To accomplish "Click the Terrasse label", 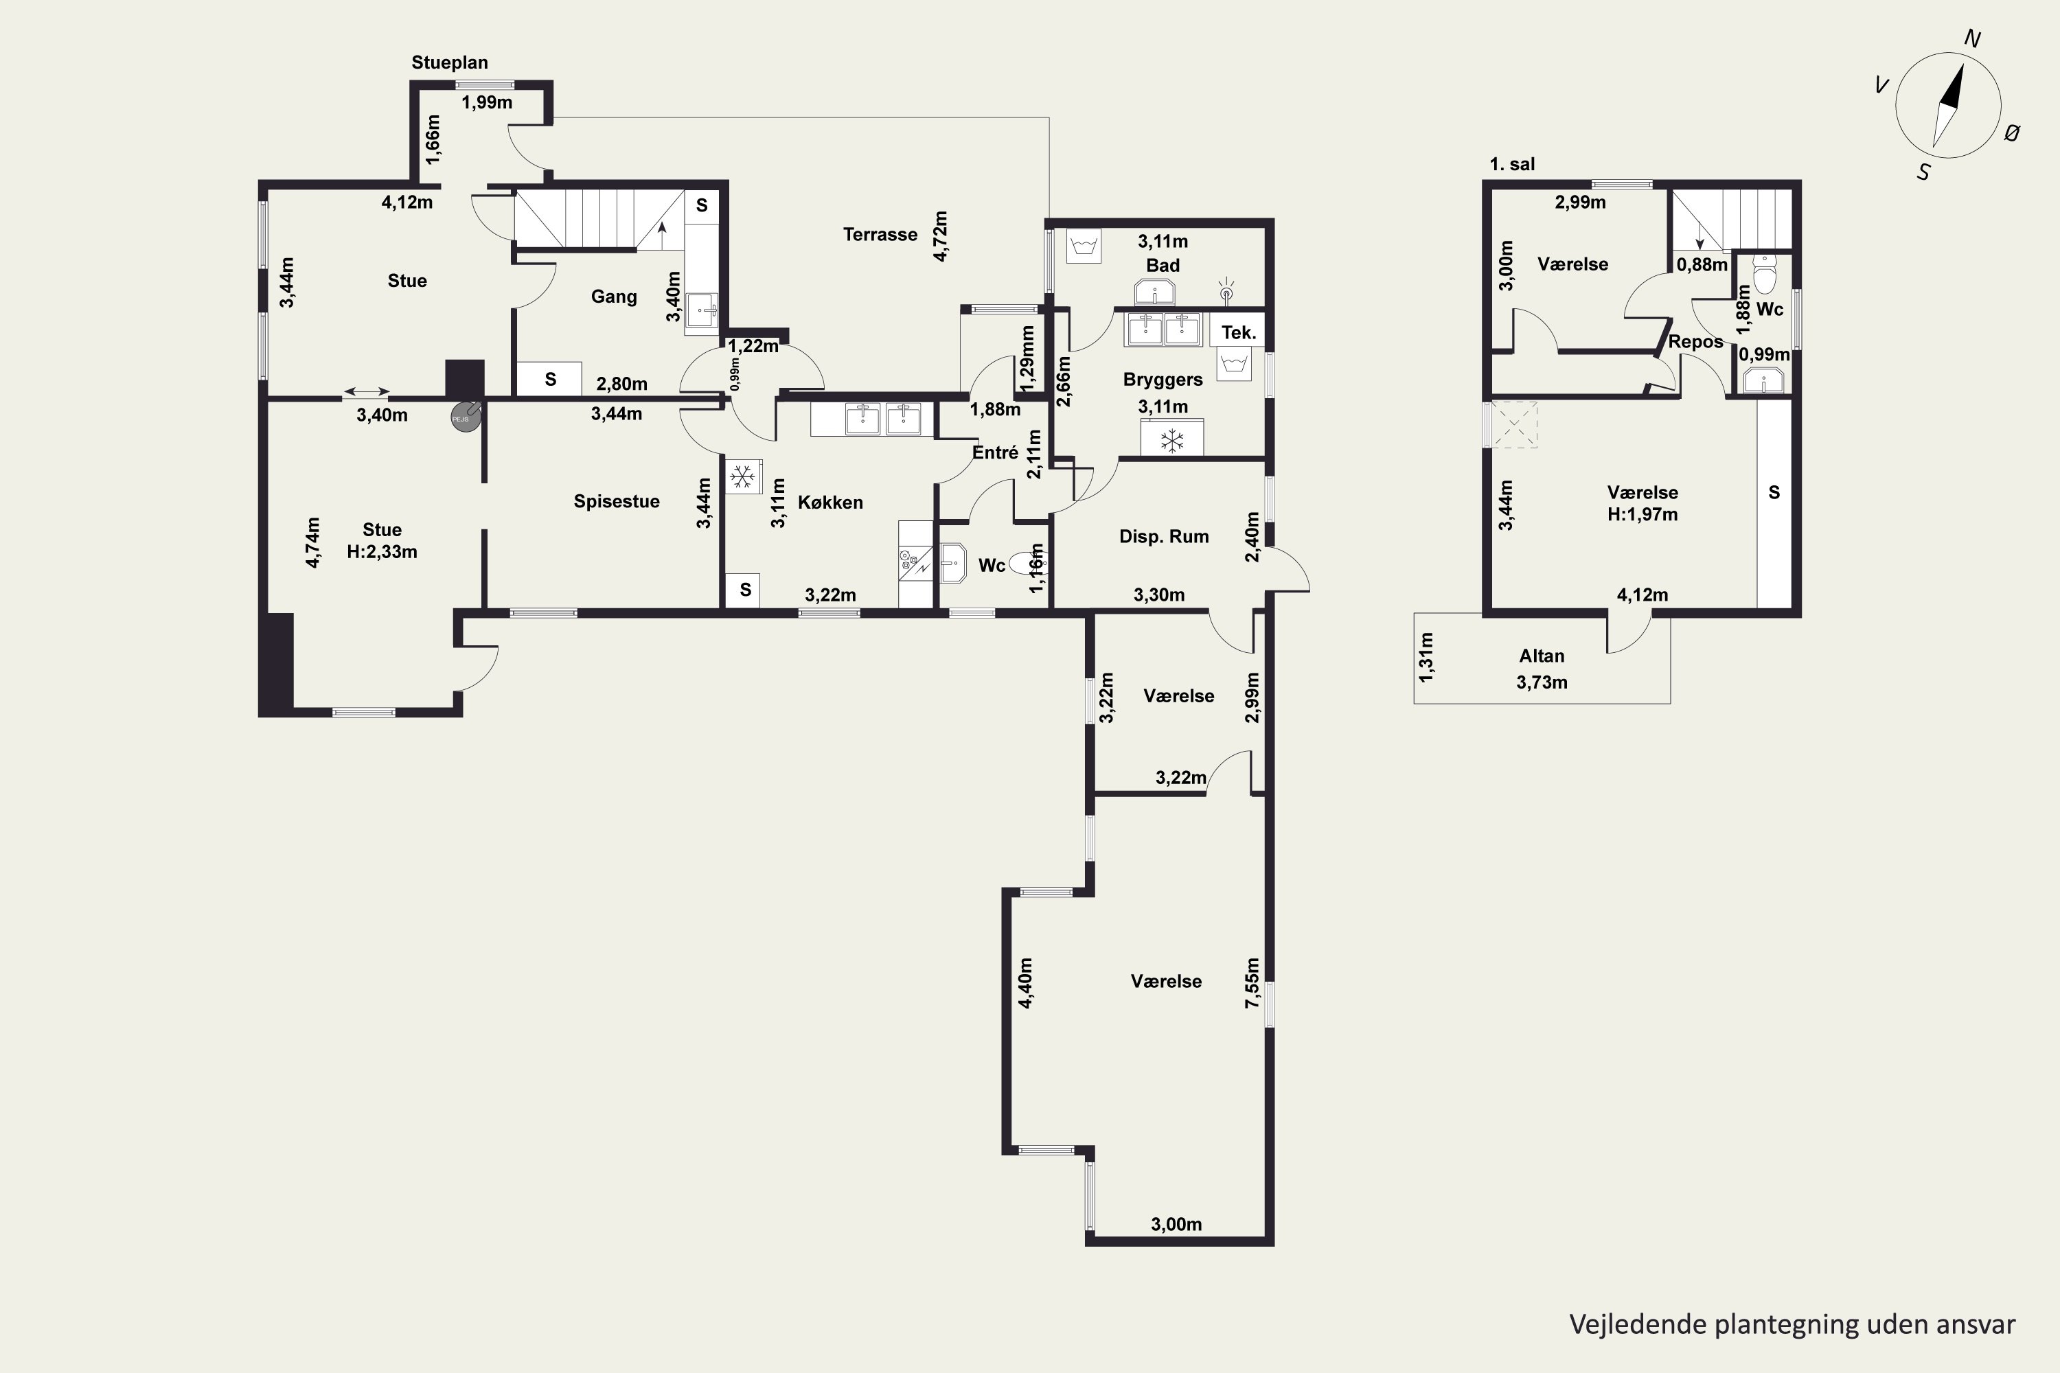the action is (x=880, y=235).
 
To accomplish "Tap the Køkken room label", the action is (x=830, y=503).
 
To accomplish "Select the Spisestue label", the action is (x=617, y=502).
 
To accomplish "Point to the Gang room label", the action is (x=614, y=297).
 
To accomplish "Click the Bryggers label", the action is (x=1163, y=380).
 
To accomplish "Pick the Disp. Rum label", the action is (x=1164, y=537).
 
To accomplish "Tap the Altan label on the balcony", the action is (x=1542, y=656).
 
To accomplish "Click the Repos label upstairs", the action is (x=1695, y=343).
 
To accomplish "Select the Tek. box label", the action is (x=1239, y=333).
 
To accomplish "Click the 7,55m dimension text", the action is (x=1252, y=982).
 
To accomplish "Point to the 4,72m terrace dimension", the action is (x=941, y=235).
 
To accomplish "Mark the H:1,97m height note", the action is (x=1643, y=515).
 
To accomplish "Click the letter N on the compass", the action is (x=1972, y=38).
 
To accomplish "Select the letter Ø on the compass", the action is (x=2012, y=133).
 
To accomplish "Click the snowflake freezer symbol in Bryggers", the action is (x=1172, y=441).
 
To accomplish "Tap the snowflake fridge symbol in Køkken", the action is (x=743, y=477).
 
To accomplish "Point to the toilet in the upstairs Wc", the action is (x=1764, y=275).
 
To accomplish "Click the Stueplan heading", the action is (x=450, y=63).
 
